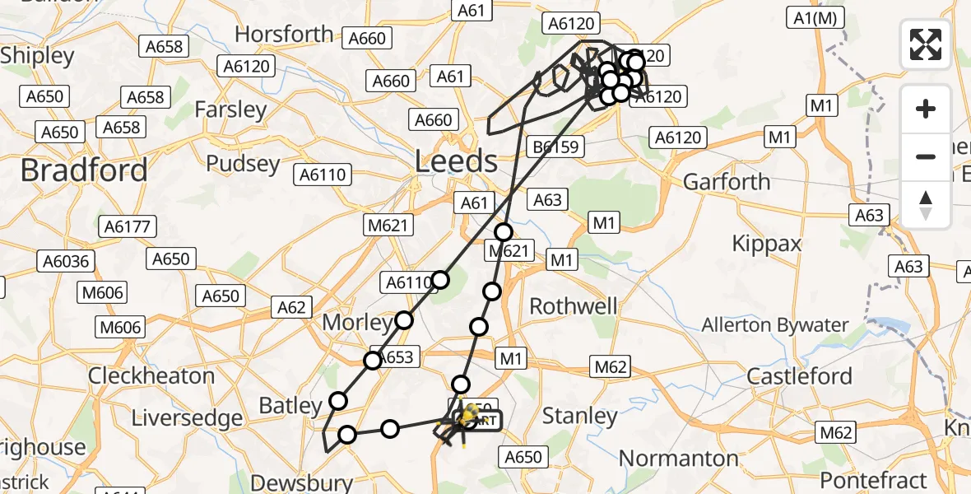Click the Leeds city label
click(456, 161)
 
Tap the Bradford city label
click(84, 170)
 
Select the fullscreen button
click(926, 44)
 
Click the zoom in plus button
click(926, 109)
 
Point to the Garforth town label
click(727, 181)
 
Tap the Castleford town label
click(799, 376)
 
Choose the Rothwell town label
click(574, 306)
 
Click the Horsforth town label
click(285, 35)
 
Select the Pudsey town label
click(243, 163)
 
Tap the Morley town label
click(356, 322)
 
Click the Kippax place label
click(767, 244)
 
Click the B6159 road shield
click(556, 147)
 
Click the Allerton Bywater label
click(774, 325)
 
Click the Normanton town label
click(678, 458)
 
